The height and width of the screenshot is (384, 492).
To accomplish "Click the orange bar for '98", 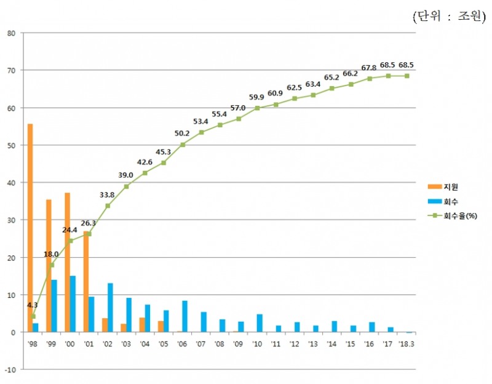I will pyautogui.click(x=30, y=228).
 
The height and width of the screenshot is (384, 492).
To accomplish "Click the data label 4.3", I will pyautogui.click(x=32, y=305).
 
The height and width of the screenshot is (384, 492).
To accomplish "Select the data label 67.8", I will pyautogui.click(x=370, y=68).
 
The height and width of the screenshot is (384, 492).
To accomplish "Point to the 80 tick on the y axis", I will pyautogui.click(x=12, y=33).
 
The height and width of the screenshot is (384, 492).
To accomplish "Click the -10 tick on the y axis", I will pyautogui.click(x=10, y=369).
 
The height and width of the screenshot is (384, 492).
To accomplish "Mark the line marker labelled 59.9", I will pyautogui.click(x=257, y=108).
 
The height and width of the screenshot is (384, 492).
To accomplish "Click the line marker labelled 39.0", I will pyautogui.click(x=126, y=186).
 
